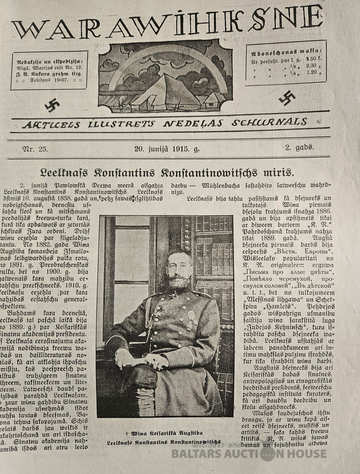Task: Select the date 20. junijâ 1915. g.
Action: [167, 149]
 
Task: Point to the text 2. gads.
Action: [300, 148]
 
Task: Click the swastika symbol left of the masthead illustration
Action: [52, 105]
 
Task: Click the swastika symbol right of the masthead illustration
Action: [287, 98]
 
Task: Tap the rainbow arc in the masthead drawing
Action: [166, 59]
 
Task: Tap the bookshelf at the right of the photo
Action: [215, 257]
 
